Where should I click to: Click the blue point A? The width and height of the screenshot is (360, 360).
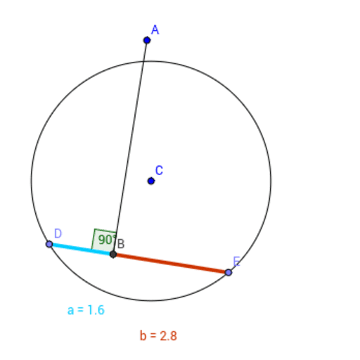(x=147, y=40)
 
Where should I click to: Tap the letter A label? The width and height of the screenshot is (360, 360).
(x=155, y=30)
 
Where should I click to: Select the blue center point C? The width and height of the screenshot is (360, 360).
(x=151, y=181)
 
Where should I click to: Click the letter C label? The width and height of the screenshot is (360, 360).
(x=159, y=170)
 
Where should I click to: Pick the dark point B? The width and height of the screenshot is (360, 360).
(x=113, y=255)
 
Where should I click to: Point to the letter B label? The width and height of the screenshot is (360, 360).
(x=121, y=244)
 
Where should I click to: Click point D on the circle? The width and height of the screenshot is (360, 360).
(x=49, y=244)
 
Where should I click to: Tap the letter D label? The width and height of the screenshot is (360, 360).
(x=58, y=233)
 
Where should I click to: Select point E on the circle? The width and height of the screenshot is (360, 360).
(x=229, y=273)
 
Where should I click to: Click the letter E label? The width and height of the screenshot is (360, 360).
(x=237, y=262)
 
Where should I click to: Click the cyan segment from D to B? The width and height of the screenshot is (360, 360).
(x=81, y=249)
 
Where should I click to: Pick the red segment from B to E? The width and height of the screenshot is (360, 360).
(x=171, y=264)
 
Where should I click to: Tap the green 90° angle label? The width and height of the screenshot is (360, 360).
(x=107, y=240)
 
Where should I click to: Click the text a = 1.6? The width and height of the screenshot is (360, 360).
(x=86, y=310)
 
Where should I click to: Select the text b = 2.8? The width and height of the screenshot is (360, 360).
(x=158, y=335)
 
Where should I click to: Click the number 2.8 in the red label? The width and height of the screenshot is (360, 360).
(x=169, y=335)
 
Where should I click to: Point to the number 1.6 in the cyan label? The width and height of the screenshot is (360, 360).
(x=96, y=310)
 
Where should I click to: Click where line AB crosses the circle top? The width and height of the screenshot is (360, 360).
(x=143, y=61)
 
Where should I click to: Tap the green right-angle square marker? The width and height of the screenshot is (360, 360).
(x=103, y=240)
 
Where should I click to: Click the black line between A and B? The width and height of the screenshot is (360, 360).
(x=130, y=147)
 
